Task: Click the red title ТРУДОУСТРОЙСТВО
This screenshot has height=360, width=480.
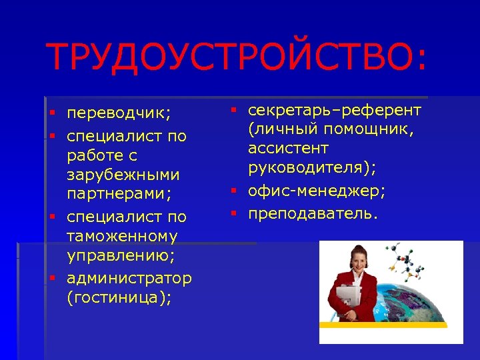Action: coord(235,58)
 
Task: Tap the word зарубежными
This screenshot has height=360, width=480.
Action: coord(123,175)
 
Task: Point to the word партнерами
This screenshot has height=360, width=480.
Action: coord(118,195)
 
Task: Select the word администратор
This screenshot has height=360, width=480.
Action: coord(129,277)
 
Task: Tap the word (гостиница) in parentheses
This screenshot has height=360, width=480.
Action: coord(119,297)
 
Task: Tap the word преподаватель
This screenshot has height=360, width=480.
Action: coord(313,213)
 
